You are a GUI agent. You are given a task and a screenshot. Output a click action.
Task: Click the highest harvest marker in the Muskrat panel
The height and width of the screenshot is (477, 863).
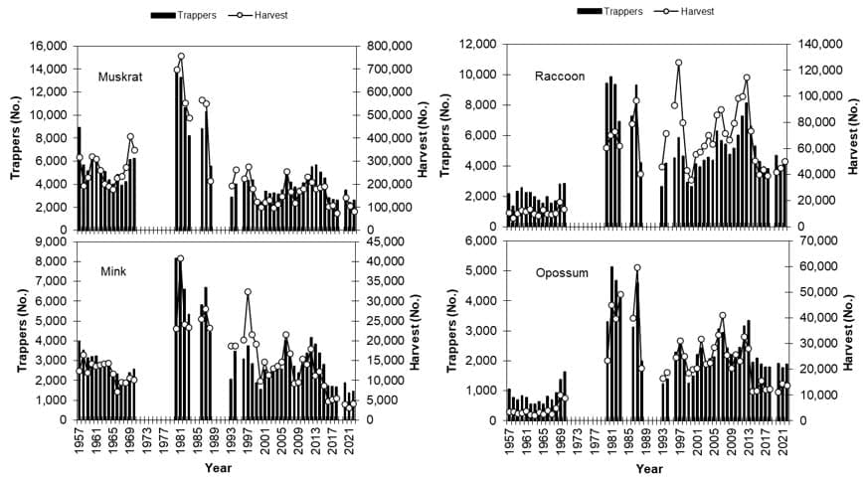pyautogui.click(x=181, y=57)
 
